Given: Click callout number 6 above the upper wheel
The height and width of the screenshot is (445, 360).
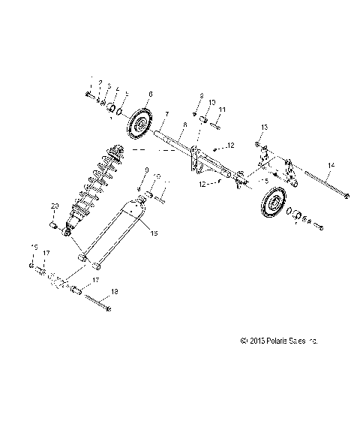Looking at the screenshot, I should [x=151, y=95].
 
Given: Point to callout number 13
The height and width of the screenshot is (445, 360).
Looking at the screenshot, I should [x=264, y=128].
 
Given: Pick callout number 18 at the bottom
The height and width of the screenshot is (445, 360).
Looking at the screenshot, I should [x=115, y=291].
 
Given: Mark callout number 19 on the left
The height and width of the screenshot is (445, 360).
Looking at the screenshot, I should [x=32, y=246].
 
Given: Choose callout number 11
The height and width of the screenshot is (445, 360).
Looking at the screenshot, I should [x=222, y=110].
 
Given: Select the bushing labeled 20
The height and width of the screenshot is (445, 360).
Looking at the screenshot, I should [x=54, y=224].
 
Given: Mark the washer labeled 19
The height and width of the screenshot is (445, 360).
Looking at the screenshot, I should [x=31, y=266].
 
